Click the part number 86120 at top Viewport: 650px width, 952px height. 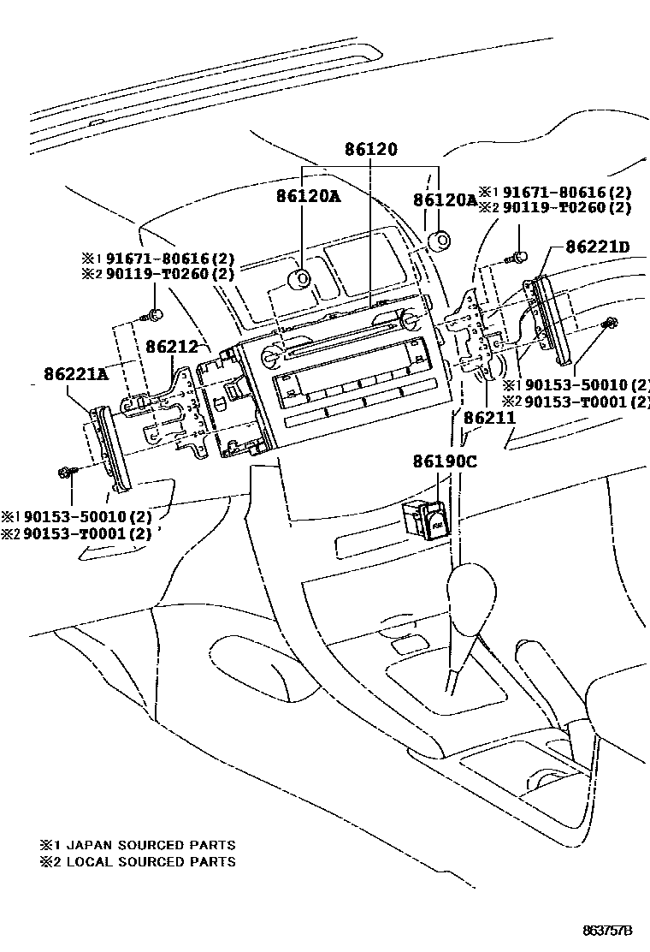click(x=371, y=149)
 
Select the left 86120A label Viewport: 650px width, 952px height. click(x=308, y=196)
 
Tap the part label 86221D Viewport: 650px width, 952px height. click(x=597, y=247)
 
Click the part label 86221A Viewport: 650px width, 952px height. click(x=76, y=373)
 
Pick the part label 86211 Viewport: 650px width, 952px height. click(x=489, y=419)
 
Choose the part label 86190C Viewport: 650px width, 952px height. click(x=441, y=461)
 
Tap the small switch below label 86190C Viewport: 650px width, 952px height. click(x=425, y=517)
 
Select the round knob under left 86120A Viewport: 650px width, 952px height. click(x=302, y=278)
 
